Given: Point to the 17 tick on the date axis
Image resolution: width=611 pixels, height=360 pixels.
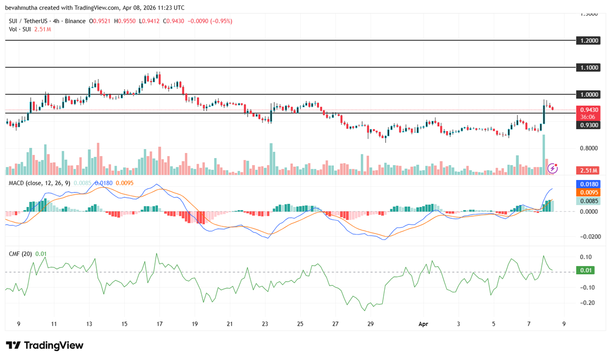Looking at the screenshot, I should click(160, 324).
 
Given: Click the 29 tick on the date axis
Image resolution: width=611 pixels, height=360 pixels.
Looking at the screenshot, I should click(370, 324).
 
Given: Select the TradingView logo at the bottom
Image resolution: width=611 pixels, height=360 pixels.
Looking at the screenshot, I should click(44, 345).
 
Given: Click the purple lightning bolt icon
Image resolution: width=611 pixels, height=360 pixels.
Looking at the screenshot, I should click(552, 168).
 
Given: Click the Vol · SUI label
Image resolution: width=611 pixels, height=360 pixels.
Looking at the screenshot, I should click(18, 29).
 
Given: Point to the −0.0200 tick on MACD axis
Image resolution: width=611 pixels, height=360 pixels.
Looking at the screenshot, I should click(587, 237).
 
